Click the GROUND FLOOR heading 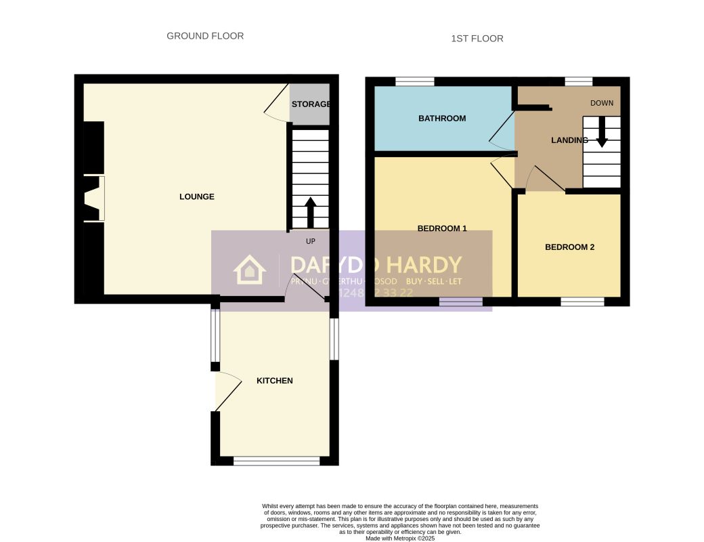click(205, 36)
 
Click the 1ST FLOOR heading click(477, 39)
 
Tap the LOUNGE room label click(196, 196)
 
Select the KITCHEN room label click(274, 381)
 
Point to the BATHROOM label click(442, 119)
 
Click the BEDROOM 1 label click(442, 228)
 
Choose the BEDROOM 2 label click(569, 247)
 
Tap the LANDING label click(569, 141)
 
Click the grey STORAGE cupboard click(309, 104)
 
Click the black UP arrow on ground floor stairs click(310, 212)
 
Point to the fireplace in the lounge click(93, 198)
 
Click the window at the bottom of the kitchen click(276, 461)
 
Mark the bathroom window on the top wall click(414, 81)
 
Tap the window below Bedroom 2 click(582, 301)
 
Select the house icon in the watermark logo click(249, 270)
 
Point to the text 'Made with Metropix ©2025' click(400, 539)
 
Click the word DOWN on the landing click(601, 104)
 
